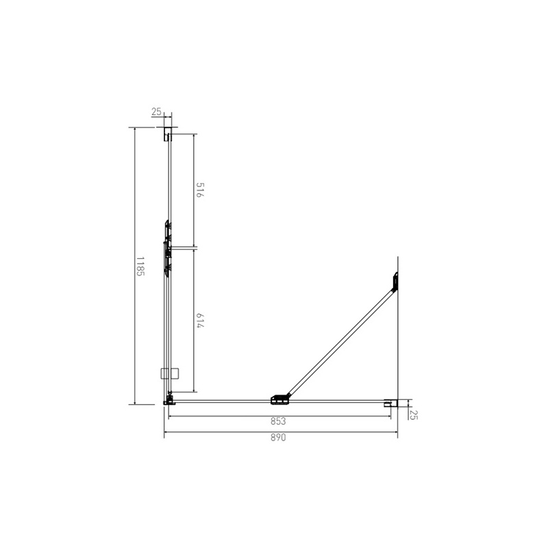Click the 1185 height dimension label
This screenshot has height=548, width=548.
click(140, 266)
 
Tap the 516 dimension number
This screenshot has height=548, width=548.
click(200, 190)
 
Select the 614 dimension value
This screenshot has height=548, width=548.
click(200, 321)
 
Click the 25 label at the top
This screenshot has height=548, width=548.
click(156, 112)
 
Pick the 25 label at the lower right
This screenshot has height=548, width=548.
click(413, 413)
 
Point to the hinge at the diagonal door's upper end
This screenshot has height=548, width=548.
click(395, 282)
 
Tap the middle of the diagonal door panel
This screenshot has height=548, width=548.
click(341, 340)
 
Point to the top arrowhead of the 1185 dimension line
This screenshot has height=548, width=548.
click(135, 129)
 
